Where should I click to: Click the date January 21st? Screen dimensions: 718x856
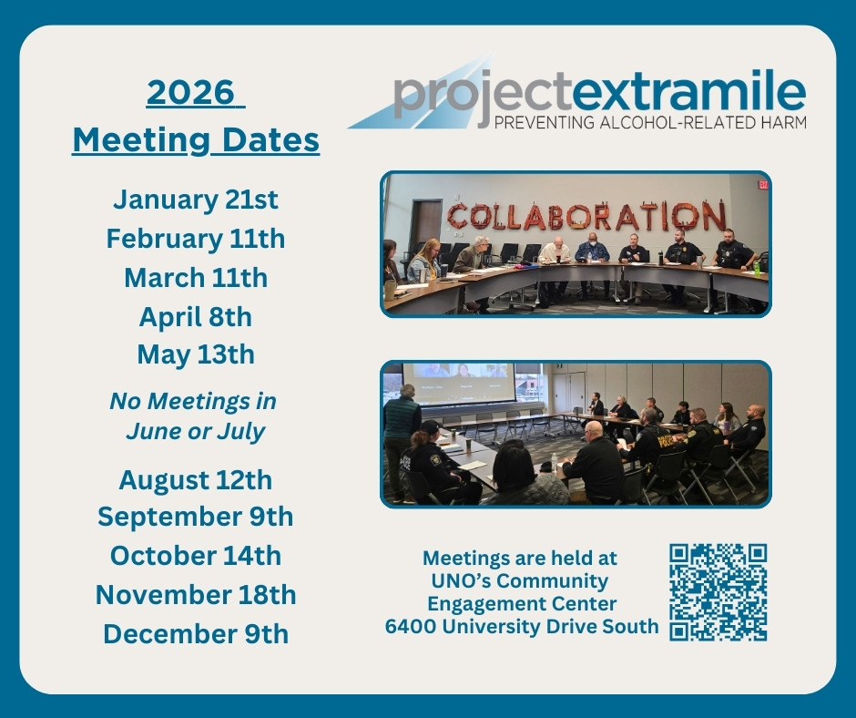pyautogui.click(x=196, y=200)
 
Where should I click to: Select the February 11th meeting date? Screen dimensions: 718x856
pyautogui.click(x=196, y=239)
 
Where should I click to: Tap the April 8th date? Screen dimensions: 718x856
pyautogui.click(x=196, y=316)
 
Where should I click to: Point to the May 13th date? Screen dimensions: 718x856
pyautogui.click(x=196, y=354)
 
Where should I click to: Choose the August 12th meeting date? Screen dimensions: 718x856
pyautogui.click(x=196, y=478)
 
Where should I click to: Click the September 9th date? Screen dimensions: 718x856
pyautogui.click(x=196, y=517)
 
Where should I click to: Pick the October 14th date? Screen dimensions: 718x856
pyautogui.click(x=196, y=555)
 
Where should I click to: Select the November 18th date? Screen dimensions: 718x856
pyautogui.click(x=196, y=594)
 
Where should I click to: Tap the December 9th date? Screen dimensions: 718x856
pyautogui.click(x=196, y=632)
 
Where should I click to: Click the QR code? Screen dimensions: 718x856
pyautogui.click(x=718, y=592)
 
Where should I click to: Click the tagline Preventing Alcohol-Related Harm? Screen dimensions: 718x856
pyautogui.click(x=649, y=121)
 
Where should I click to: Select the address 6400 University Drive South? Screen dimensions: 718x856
pyautogui.click(x=522, y=626)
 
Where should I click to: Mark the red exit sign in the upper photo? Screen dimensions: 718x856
pyautogui.click(x=762, y=185)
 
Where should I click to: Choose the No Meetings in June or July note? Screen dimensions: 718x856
pyautogui.click(x=194, y=415)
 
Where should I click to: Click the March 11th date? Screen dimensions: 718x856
pyautogui.click(x=196, y=277)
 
